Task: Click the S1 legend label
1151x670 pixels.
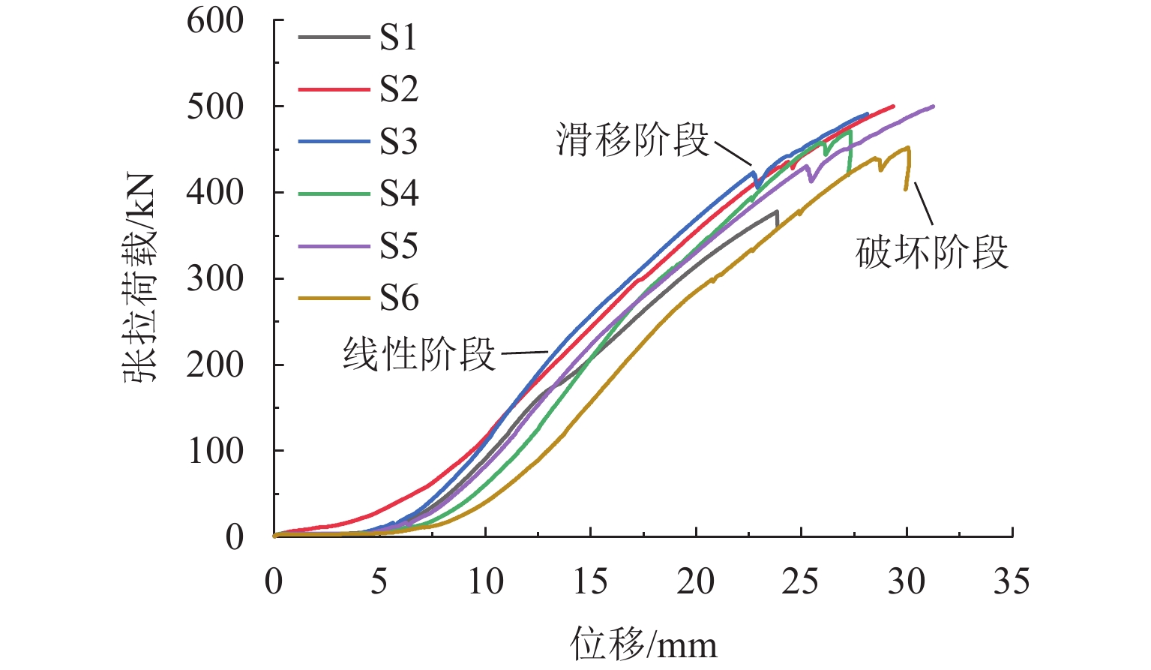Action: click(x=398, y=38)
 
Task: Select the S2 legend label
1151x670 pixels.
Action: click(x=398, y=89)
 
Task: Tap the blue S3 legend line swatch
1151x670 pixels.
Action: click(x=334, y=142)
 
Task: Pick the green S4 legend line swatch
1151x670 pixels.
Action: click(x=334, y=194)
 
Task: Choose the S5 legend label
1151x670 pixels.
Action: click(x=398, y=245)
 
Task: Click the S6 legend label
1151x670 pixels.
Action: click(x=398, y=298)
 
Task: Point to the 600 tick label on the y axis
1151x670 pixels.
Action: click(x=215, y=21)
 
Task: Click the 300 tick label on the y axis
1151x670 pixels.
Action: click(x=215, y=279)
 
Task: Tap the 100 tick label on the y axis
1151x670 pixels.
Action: click(x=215, y=451)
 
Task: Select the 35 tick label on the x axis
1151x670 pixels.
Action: click(x=1012, y=581)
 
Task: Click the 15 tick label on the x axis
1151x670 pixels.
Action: click(x=590, y=581)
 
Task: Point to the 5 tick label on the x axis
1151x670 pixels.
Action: click(x=379, y=581)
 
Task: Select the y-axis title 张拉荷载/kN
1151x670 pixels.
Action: click(x=140, y=278)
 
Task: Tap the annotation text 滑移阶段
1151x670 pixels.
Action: click(x=632, y=140)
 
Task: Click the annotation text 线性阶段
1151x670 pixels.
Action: click(x=419, y=353)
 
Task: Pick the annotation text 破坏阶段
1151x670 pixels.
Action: click(x=931, y=252)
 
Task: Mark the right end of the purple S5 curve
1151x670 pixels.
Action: click(x=933, y=107)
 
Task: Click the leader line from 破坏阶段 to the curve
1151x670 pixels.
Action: click(x=924, y=203)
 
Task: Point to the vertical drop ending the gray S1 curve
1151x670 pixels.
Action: click(x=777, y=218)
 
